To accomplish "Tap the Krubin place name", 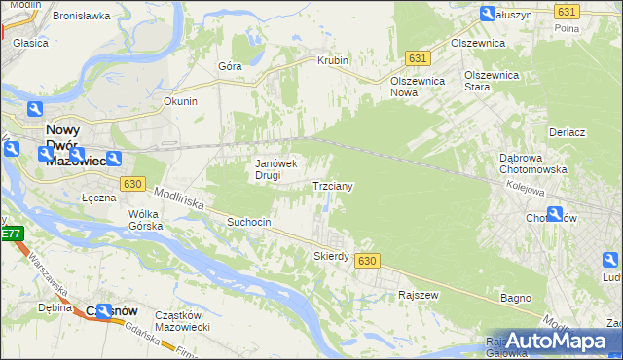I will [x=332, y=60].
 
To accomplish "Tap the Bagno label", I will [x=516, y=297].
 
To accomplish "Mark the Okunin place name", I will [x=180, y=101].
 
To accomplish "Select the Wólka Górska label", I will [x=143, y=220].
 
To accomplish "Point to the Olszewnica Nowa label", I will [x=418, y=87].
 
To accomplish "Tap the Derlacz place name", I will [x=566, y=132].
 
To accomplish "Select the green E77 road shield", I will [x=11, y=234].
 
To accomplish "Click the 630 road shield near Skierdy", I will [x=366, y=262].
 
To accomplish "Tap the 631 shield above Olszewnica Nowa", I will [x=417, y=58].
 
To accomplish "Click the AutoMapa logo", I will [x=558, y=342].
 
